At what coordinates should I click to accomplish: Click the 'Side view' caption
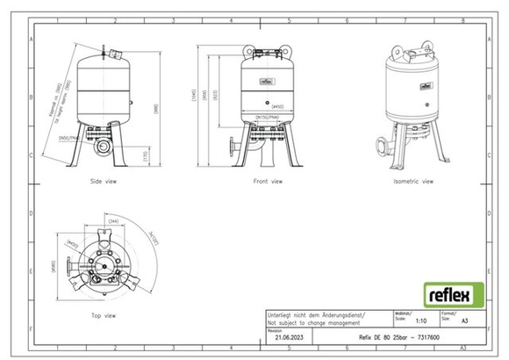[105, 182]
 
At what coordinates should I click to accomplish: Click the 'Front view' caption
[269, 182]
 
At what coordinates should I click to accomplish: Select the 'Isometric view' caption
[414, 182]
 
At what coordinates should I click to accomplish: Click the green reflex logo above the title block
[448, 292]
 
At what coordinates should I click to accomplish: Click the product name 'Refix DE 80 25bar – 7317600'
[411, 337]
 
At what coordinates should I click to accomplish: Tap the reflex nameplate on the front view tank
[266, 83]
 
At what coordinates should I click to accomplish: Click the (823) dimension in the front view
[229, 93]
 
